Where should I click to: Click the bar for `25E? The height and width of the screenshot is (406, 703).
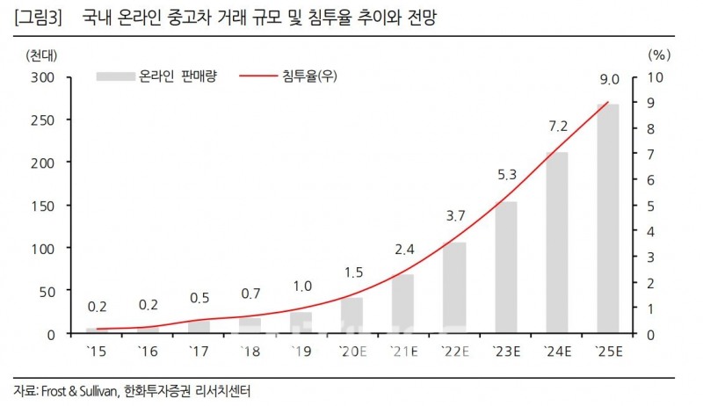[606, 220]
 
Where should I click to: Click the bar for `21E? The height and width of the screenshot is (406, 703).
[402, 304]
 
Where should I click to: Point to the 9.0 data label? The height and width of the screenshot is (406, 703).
[607, 80]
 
